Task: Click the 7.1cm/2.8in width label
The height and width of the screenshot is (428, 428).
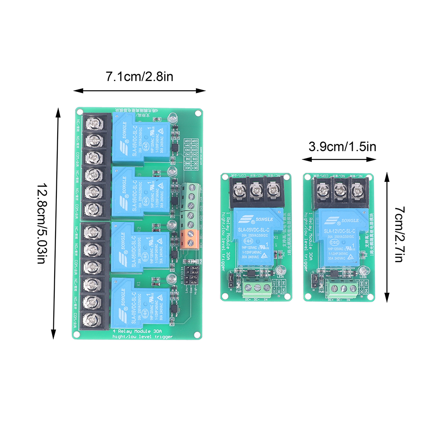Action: [139, 77]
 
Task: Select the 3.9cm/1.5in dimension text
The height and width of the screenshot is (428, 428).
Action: [342, 147]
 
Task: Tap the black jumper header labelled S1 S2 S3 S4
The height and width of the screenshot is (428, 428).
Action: [190, 275]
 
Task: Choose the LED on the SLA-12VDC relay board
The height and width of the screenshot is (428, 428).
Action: [364, 271]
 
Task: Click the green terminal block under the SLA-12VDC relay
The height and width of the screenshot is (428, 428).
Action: [340, 289]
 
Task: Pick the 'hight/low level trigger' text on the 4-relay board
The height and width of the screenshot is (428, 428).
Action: [142, 337]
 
